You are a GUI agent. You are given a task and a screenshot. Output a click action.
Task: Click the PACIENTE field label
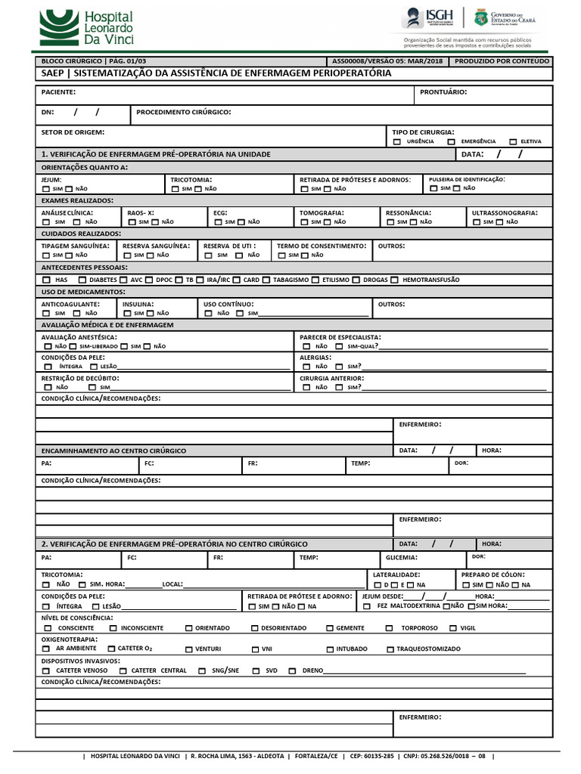pos(57,91)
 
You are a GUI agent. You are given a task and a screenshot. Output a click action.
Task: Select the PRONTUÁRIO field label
pos(443,91)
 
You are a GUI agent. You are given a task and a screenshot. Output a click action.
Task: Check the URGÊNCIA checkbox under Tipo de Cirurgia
pos(397,141)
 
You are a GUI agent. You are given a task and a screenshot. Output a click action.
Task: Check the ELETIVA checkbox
pos(513,141)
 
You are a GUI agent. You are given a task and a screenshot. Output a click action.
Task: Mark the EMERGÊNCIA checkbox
pos(451,141)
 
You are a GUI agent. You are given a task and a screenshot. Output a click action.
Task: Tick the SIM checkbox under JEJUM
pos(47,189)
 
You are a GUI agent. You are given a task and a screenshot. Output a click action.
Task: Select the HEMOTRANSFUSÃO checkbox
pos(395,280)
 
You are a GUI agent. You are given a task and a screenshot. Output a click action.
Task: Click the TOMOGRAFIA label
pos(322,213)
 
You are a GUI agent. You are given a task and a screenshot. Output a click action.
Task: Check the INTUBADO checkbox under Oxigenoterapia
pos(331,649)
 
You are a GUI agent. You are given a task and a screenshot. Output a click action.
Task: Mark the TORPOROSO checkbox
pos(389,628)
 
